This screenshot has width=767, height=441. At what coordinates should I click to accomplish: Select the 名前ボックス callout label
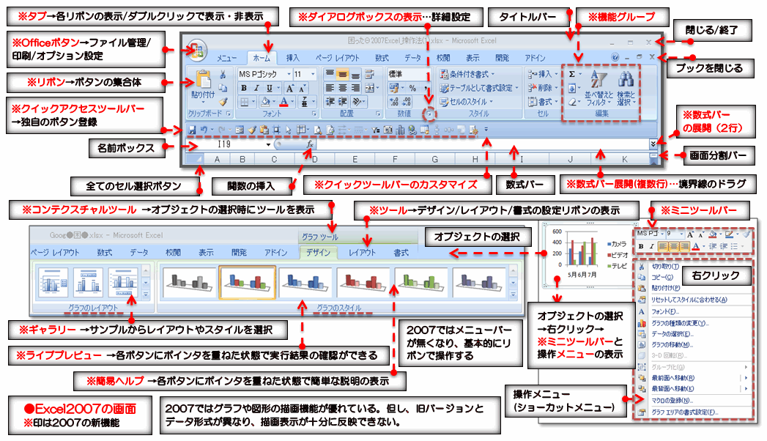[126, 149]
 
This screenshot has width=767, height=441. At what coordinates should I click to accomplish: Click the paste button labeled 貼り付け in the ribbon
[203, 86]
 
